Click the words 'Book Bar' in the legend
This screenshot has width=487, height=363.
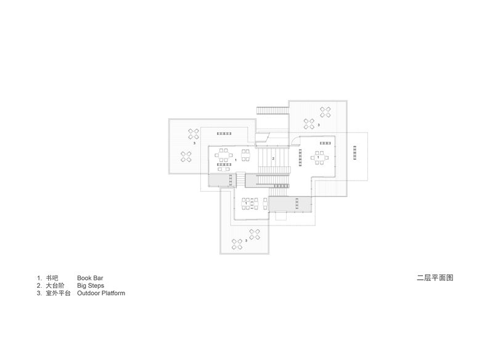click(90, 278)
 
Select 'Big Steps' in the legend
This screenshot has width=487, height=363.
click(91, 286)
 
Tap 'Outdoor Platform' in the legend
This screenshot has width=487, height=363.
click(101, 293)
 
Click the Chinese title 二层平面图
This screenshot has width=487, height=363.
click(435, 278)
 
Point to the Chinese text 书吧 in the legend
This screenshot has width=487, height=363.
click(52, 278)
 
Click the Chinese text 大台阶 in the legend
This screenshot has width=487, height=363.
click(55, 286)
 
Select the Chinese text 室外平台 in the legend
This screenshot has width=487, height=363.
click(59, 293)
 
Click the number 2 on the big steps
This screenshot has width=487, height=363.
click(273, 158)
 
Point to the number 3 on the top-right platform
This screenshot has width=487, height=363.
click(319, 124)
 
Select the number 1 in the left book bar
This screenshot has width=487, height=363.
click(235, 159)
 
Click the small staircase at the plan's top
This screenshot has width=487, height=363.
click(272, 110)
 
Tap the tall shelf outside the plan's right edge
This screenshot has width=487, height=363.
click(355, 151)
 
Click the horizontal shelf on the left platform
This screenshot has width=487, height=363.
click(223, 133)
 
